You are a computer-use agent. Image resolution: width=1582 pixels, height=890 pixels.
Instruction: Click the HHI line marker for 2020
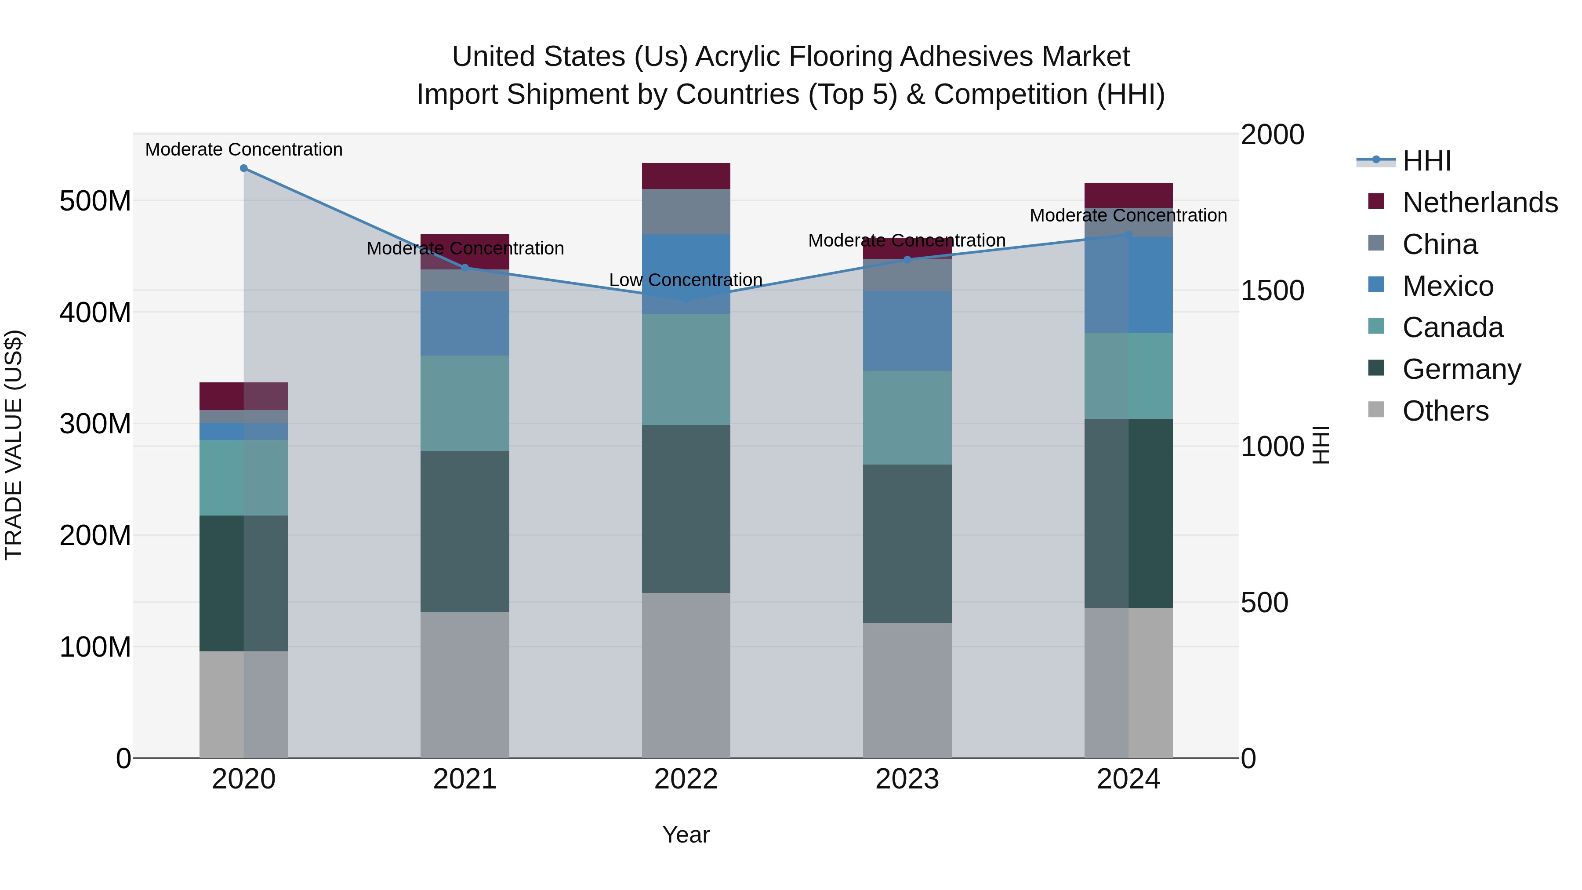click(x=244, y=168)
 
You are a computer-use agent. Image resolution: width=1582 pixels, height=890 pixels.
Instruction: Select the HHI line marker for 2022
click(x=686, y=299)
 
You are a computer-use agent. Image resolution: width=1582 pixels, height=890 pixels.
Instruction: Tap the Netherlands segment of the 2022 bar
click(x=686, y=176)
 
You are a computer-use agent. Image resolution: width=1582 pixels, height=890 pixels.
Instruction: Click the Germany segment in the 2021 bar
click(x=465, y=531)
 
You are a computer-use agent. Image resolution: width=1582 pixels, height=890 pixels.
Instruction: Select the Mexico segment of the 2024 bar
click(x=1128, y=285)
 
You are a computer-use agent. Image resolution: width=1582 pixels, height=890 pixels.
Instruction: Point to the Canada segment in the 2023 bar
click(x=907, y=418)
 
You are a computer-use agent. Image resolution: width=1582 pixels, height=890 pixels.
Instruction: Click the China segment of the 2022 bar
click(x=686, y=211)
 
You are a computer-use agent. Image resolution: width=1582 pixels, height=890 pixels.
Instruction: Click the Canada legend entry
click(x=1452, y=327)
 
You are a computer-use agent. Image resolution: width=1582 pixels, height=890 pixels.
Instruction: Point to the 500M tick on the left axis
click(x=95, y=201)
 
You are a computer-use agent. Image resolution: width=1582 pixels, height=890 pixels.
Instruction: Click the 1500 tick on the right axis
click(x=1272, y=291)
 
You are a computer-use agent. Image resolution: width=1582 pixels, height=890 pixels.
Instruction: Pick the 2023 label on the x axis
click(x=907, y=779)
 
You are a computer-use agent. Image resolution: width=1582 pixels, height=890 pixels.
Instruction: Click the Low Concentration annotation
click(x=686, y=280)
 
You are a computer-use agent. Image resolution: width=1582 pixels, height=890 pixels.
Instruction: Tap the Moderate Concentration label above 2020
click(x=244, y=150)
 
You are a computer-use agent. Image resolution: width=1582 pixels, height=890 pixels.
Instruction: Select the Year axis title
click(x=686, y=835)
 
